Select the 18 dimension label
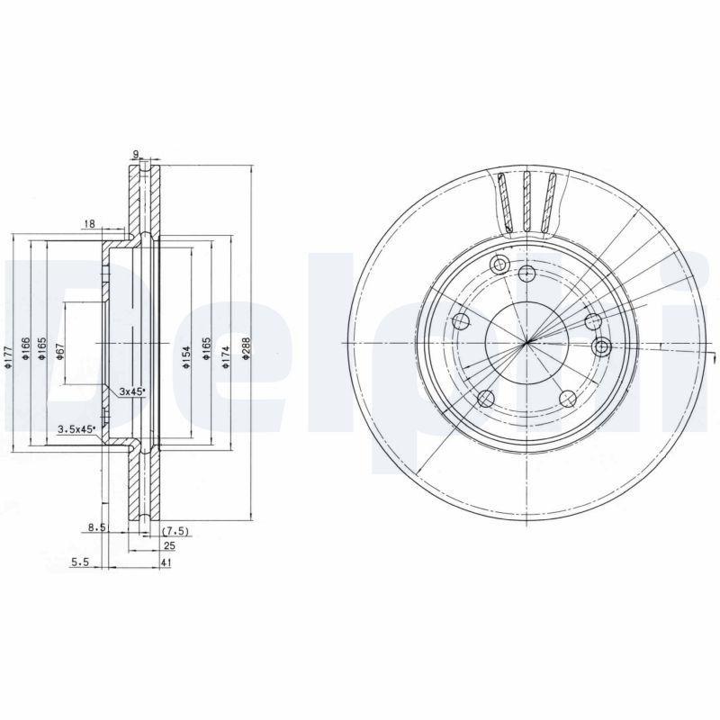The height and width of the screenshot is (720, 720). [x=89, y=223]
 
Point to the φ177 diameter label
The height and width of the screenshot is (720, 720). [x=6, y=357]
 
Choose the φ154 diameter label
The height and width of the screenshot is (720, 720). [x=185, y=355]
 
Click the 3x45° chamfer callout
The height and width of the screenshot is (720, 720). [x=131, y=391]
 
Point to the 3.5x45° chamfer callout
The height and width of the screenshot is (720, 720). [x=76, y=429]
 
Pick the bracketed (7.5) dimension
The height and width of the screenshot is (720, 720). [x=173, y=532]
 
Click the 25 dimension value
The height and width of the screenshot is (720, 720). [x=168, y=546]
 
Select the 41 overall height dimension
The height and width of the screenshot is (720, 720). [x=167, y=563]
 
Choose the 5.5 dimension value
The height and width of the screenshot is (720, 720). [x=79, y=563]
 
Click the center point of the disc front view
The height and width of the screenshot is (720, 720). [x=526, y=342]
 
